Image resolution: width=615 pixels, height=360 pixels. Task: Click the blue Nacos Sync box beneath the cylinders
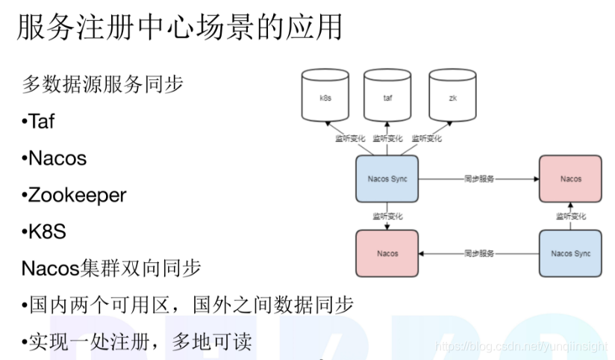click(x=387, y=179)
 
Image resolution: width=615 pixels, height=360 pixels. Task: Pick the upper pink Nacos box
click(x=571, y=179)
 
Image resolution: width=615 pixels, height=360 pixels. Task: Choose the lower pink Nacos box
click(x=387, y=253)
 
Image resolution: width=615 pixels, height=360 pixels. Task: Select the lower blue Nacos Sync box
click(x=571, y=253)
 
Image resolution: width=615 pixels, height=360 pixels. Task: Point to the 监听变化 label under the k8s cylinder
click(x=349, y=138)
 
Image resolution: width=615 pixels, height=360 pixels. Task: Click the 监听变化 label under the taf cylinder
click(x=387, y=138)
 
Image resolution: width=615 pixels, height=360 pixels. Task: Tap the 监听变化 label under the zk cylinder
click(x=426, y=138)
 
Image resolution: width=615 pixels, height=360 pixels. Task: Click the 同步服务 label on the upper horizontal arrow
click(x=478, y=179)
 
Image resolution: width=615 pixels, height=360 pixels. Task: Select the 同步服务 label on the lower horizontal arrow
click(x=478, y=253)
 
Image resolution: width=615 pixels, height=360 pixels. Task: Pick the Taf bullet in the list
click(x=39, y=121)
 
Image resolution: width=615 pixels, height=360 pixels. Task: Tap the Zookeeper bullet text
click(x=74, y=195)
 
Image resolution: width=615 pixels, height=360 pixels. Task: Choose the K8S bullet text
click(x=44, y=232)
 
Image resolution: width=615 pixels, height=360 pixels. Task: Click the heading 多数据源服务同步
click(x=102, y=84)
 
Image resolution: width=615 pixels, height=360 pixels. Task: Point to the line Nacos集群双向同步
click(x=111, y=268)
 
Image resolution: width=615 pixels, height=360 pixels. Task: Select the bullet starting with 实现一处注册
click(x=137, y=341)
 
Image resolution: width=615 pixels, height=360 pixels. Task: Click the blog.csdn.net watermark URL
click(x=521, y=347)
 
